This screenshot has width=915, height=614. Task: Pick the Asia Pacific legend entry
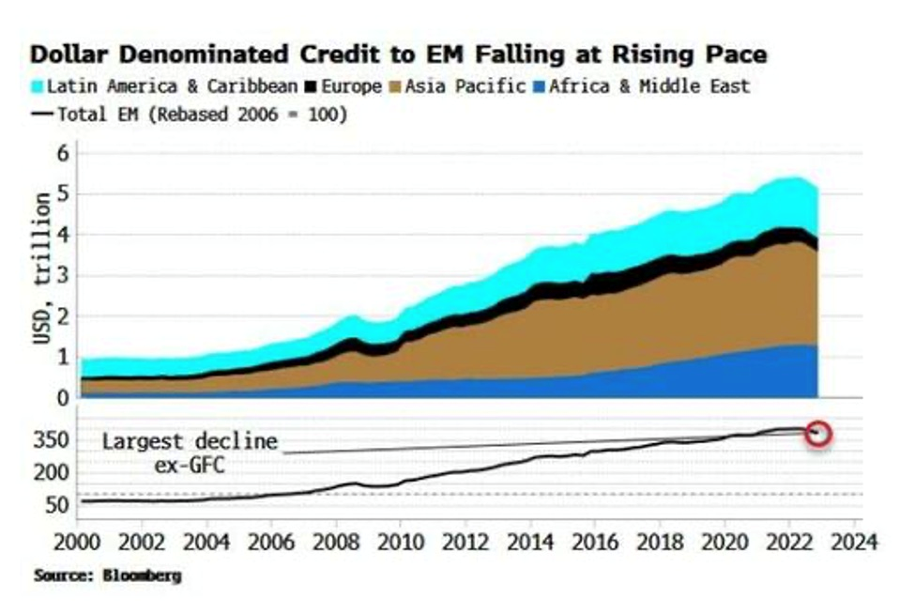pyautogui.click(x=461, y=86)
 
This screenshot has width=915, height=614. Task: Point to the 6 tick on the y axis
pyautogui.click(x=62, y=153)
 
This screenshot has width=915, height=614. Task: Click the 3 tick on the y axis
pyautogui.click(x=62, y=275)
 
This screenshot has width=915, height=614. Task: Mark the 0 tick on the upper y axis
pyautogui.click(x=62, y=398)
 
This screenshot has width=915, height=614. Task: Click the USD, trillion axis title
pyautogui.click(x=41, y=269)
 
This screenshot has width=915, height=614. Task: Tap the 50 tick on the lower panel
pyautogui.click(x=56, y=505)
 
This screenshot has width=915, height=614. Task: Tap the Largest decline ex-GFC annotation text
pyautogui.click(x=190, y=452)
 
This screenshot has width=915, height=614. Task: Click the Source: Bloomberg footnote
pyautogui.click(x=107, y=575)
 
